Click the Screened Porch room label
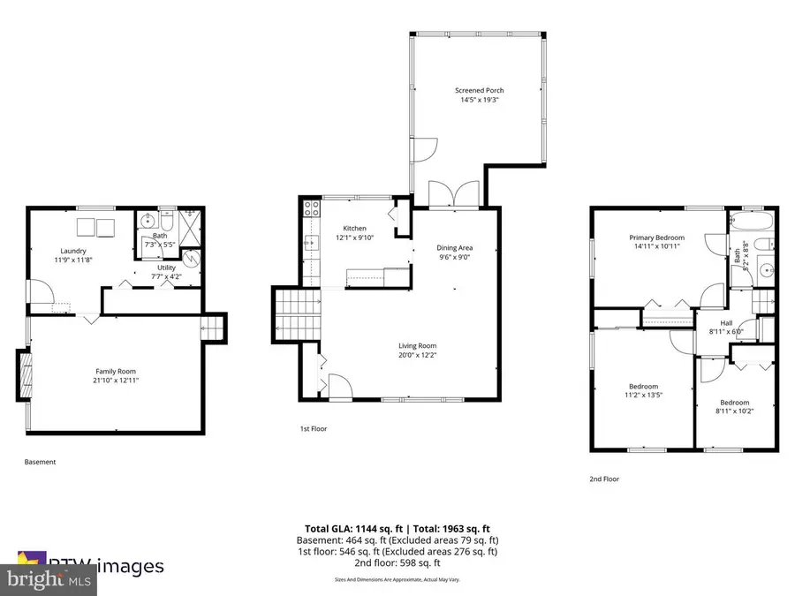(x=479, y=90)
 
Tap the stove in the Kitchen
(x=312, y=209)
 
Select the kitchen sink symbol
(x=309, y=245)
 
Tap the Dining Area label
(x=455, y=248)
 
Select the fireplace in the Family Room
(x=23, y=376)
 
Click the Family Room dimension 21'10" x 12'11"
(x=116, y=381)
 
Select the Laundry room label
(x=73, y=251)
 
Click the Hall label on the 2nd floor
(x=726, y=322)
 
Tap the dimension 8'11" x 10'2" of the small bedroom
(x=733, y=411)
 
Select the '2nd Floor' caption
(x=604, y=479)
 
